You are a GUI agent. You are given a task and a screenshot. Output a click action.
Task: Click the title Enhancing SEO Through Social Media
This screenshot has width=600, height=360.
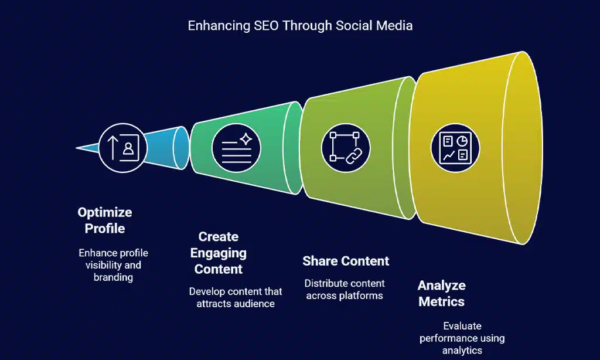pyautogui.click(x=299, y=26)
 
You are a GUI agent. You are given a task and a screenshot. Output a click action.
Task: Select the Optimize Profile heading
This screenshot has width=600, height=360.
pyautogui.click(x=105, y=220)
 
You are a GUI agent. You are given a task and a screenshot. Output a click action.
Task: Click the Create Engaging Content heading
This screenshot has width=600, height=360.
pyautogui.click(x=218, y=253)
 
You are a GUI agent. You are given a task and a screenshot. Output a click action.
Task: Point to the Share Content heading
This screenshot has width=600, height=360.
pyautogui.click(x=346, y=261)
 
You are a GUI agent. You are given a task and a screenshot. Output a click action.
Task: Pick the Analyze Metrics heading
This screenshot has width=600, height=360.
pyautogui.click(x=441, y=294)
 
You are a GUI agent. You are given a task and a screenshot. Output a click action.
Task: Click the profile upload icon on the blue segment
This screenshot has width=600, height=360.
pyautogui.click(x=122, y=147)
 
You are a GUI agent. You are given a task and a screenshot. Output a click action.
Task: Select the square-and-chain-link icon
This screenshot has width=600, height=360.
pyautogui.click(x=345, y=147)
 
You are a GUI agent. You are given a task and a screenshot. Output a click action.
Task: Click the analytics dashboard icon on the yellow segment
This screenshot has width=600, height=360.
pyautogui.click(x=455, y=147)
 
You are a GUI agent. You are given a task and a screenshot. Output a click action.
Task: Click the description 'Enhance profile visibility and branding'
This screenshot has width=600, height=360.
pyautogui.click(x=113, y=265)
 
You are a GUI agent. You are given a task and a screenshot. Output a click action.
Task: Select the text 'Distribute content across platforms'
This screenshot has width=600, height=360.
pyautogui.click(x=344, y=290)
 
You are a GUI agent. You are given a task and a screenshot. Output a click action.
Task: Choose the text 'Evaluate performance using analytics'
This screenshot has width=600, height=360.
pyautogui.click(x=462, y=338)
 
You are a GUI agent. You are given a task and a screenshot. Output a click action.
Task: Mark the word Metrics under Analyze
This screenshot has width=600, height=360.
pyautogui.click(x=441, y=302)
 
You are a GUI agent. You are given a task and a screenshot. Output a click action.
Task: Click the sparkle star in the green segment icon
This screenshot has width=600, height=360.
pyautogui.click(x=246, y=139)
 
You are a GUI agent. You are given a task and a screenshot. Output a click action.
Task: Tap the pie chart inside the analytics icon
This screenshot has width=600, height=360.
pyautogui.click(x=462, y=141)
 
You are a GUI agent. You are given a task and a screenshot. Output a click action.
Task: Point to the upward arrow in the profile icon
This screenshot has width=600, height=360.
pyautogui.click(x=114, y=147)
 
